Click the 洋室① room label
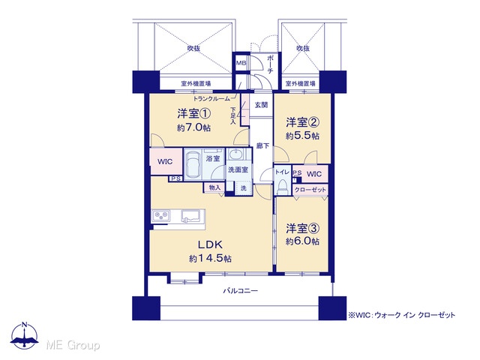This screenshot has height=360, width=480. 193,114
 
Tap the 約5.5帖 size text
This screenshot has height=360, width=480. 302,136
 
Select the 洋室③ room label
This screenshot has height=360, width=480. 303,228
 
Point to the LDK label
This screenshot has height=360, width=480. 210,244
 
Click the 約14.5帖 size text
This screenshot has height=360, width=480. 210,259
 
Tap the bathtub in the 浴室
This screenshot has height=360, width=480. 193,165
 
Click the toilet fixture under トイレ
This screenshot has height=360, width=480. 282,186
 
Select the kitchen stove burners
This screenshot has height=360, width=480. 160,216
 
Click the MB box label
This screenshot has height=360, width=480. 241,63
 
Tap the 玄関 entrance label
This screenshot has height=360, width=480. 261,105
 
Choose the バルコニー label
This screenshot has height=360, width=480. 240,290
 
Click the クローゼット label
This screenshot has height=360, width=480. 310,190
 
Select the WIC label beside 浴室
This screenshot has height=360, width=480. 165,161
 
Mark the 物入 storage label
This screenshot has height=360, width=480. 214,187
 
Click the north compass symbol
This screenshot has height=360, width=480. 25,335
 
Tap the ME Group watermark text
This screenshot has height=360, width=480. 73,345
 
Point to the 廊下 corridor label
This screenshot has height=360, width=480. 262,145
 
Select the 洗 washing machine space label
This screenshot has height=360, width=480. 243,188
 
